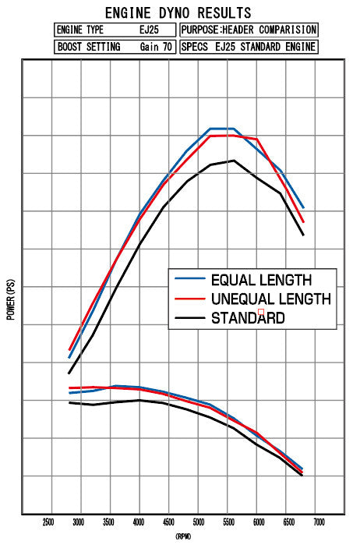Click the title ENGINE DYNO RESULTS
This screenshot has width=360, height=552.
tap(178, 12)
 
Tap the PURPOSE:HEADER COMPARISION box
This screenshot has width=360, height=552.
tap(249, 30)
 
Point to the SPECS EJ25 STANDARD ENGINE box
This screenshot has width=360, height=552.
tap(249, 47)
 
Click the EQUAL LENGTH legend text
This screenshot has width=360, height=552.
tap(261, 279)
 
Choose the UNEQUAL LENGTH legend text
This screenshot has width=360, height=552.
tap(270, 299)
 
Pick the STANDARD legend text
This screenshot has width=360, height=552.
tap(248, 318)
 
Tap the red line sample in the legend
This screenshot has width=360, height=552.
tap(190, 299)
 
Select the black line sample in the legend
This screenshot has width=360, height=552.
tap(190, 317)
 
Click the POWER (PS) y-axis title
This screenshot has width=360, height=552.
tap(11, 301)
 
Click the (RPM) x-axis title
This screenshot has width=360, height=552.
tap(182, 536)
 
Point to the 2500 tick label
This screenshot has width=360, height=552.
tap(48, 522)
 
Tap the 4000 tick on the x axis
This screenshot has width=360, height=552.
tap(138, 522)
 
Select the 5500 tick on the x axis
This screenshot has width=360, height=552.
tap(228, 522)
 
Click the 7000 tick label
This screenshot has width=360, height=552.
tap(319, 522)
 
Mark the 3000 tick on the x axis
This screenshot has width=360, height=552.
tap(78, 522)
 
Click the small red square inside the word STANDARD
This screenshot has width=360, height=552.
tap(261, 313)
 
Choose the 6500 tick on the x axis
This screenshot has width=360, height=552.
tap(288, 522)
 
